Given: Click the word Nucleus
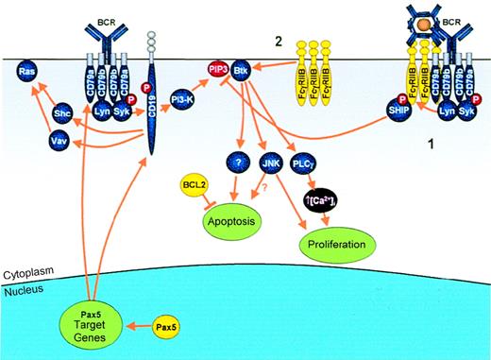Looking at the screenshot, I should [x=23, y=290].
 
